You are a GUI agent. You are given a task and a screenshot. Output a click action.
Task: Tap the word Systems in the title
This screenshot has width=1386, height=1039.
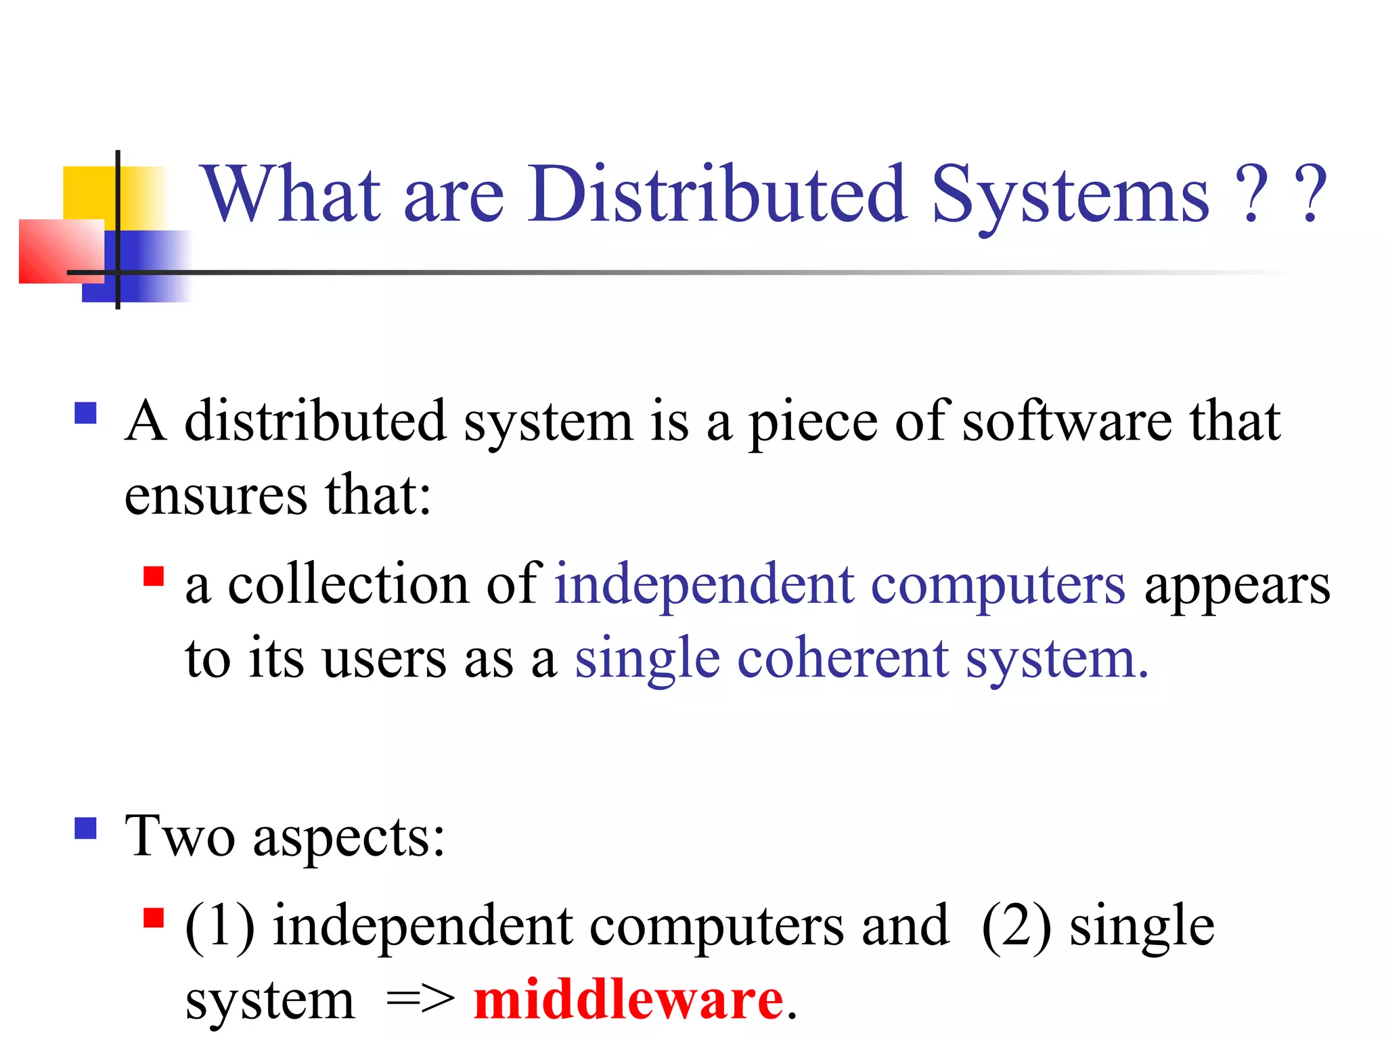coord(1069,196)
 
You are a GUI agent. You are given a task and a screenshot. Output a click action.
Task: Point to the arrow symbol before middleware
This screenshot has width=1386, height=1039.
coord(420,1000)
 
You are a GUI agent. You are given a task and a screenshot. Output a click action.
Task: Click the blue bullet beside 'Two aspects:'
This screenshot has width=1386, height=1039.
coord(86,828)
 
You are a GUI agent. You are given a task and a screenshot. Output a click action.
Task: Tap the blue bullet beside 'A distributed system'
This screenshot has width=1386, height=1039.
coord(86,413)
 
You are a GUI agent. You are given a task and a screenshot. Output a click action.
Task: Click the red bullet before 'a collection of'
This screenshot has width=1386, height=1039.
coord(154,576)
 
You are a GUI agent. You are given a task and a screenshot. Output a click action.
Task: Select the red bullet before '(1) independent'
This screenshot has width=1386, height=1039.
coord(154,918)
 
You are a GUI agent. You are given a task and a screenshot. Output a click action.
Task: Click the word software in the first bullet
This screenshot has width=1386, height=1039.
coord(1067,421)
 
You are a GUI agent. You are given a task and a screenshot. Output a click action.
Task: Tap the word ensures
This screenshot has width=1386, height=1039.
coord(215,496)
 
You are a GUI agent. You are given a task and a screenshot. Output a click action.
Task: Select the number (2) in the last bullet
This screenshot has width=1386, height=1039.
coord(1016,926)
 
